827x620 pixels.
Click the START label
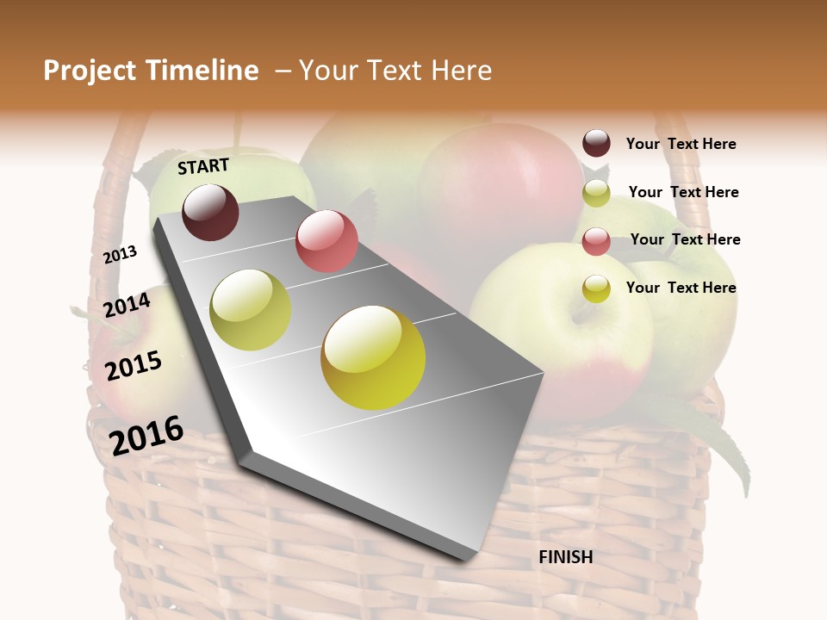pyautogui.click(x=203, y=166)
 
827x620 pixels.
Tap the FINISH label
pyautogui.click(x=565, y=557)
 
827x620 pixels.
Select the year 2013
pyautogui.click(x=121, y=255)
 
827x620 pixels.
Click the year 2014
pyautogui.click(x=127, y=306)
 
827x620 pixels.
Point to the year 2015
pyautogui.click(x=134, y=366)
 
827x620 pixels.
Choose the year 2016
pyautogui.click(x=146, y=435)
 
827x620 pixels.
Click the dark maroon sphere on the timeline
pyautogui.click(x=210, y=212)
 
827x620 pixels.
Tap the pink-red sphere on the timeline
pyautogui.click(x=326, y=241)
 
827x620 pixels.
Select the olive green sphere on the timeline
pyautogui.click(x=251, y=310)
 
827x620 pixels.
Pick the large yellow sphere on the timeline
pyautogui.click(x=373, y=357)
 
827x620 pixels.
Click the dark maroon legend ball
pyautogui.click(x=596, y=143)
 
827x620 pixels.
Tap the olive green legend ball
pyautogui.click(x=596, y=193)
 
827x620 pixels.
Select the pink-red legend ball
pyautogui.click(x=596, y=241)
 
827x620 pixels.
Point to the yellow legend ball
pyautogui.click(x=596, y=288)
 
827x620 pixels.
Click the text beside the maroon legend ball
pyautogui.click(x=681, y=144)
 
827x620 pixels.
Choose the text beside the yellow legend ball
pyautogui.click(x=681, y=288)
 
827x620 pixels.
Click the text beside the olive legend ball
pyautogui.click(x=683, y=192)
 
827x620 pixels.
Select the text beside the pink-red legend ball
pyautogui.click(x=685, y=239)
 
